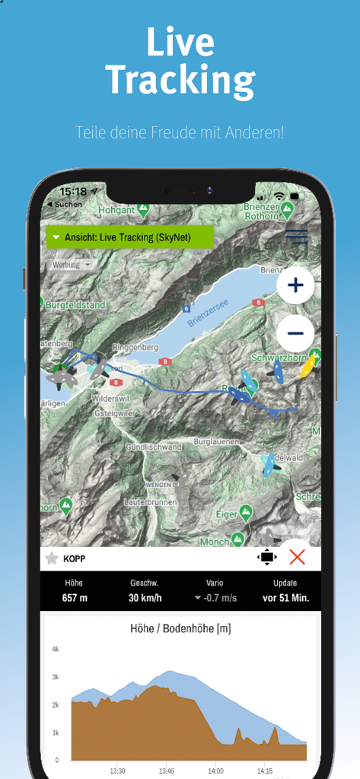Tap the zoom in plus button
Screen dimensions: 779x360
(295, 286)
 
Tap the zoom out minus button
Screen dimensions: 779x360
(295, 333)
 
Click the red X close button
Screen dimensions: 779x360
(297, 557)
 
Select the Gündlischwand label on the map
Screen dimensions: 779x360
(154, 447)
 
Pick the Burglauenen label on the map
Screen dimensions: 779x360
(216, 441)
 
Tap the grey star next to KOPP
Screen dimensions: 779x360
(52, 558)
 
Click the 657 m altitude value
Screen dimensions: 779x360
(75, 598)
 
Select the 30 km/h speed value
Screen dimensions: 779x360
(145, 598)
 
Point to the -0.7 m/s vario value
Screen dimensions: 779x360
(218, 598)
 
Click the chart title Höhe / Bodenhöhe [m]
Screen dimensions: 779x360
(180, 628)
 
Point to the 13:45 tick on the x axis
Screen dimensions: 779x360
(167, 770)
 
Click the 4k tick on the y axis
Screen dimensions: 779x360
(56, 649)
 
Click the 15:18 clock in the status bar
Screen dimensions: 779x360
(73, 192)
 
